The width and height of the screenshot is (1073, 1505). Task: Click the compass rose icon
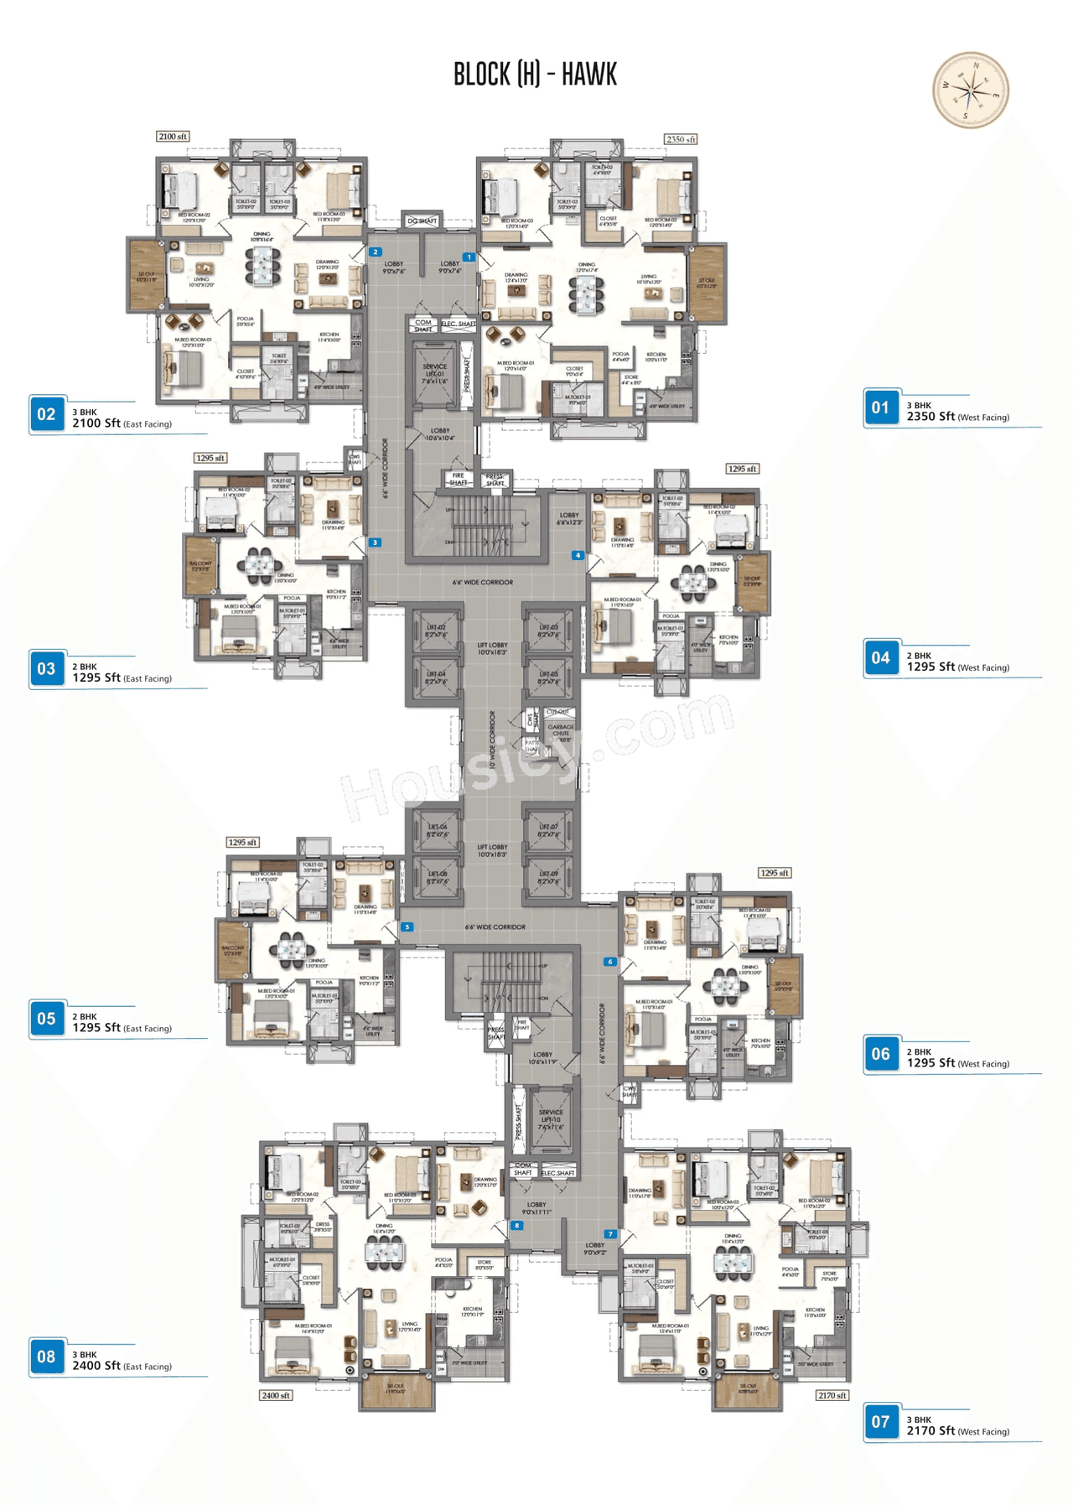[970, 90]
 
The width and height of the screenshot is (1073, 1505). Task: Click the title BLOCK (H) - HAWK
[535, 75]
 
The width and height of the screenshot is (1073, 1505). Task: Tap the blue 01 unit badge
[880, 408]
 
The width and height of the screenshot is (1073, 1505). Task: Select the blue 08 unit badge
[46, 1357]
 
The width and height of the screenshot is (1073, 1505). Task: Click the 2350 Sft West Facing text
[957, 417]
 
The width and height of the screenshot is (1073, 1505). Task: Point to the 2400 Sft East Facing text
[122, 1366]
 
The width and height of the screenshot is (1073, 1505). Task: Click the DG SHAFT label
[422, 221]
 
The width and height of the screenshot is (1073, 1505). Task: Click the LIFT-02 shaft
[435, 631]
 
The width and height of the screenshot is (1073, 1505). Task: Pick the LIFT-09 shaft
[548, 878]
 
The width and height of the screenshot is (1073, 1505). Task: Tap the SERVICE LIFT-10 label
[551, 1119]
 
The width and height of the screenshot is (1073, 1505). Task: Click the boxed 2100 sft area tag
[173, 137]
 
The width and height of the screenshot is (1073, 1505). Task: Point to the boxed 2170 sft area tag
[832, 1396]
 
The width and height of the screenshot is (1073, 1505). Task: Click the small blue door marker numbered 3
[376, 542]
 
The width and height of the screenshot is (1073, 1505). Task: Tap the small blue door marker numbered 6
[609, 962]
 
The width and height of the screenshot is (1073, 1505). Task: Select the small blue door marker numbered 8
[517, 1226]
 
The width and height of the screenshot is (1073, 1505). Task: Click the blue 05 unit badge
[46, 1019]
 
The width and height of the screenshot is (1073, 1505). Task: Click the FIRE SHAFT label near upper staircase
[458, 479]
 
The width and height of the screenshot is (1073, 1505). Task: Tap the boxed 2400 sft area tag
[276, 1396]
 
